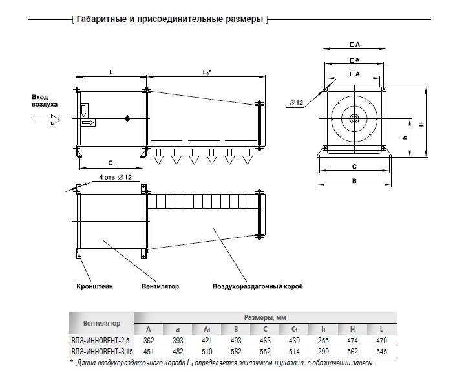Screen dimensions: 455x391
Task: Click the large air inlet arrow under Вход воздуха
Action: point(46,120)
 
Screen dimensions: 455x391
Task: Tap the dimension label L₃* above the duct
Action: point(207,72)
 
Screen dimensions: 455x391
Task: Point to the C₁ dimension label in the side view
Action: point(112,163)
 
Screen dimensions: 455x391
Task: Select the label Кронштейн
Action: point(94,286)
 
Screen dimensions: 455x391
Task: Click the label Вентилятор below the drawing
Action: point(160,286)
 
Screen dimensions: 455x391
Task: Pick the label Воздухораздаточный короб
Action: point(258,286)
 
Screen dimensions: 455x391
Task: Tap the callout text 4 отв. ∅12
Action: point(116,177)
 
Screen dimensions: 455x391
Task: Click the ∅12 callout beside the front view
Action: point(296,103)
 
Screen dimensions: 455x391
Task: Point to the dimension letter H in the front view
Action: point(421,124)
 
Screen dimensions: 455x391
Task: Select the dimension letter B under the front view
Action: point(354,181)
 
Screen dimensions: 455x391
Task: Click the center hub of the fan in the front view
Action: point(354,118)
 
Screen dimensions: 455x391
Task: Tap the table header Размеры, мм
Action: point(265,317)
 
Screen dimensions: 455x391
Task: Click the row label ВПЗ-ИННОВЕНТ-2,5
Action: point(101,340)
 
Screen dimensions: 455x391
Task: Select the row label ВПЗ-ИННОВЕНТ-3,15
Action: point(102,352)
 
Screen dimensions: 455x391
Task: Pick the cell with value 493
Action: point(236,340)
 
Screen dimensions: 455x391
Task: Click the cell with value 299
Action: point(323,352)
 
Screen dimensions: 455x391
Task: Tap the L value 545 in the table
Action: point(381,352)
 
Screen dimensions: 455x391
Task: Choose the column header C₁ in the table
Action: point(294,329)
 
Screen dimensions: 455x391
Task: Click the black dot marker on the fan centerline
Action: point(127,118)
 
